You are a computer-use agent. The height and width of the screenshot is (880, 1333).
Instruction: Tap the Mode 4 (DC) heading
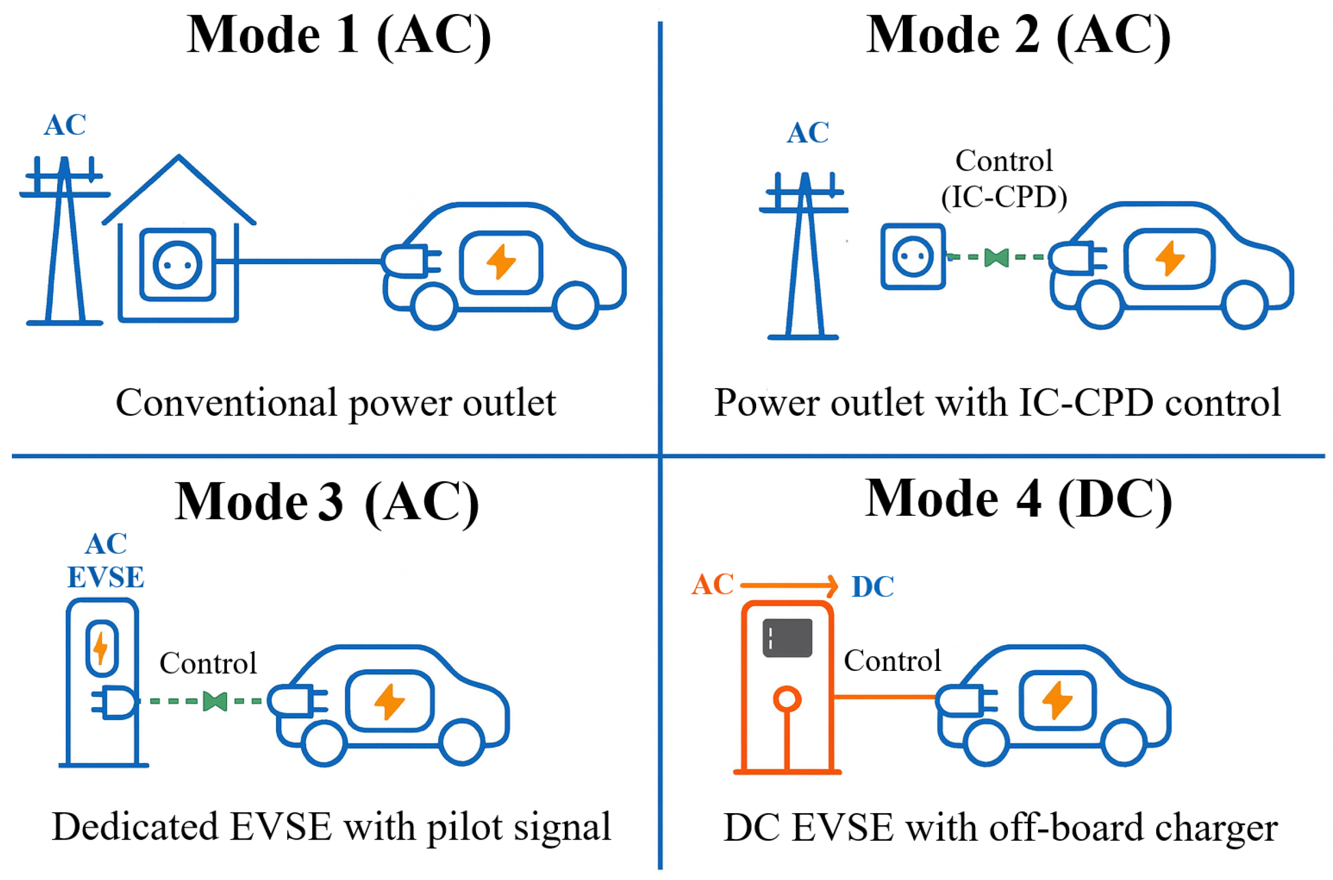pos(1018,500)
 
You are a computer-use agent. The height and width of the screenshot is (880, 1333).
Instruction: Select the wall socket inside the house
pos(178,265)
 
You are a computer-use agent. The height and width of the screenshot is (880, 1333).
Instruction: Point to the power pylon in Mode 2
pos(804,255)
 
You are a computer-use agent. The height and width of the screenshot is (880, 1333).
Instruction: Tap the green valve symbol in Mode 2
pos(996,258)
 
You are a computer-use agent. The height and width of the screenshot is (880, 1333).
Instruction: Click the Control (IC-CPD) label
pos(1004,178)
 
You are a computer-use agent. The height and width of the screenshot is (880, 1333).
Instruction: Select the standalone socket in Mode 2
pos(913,257)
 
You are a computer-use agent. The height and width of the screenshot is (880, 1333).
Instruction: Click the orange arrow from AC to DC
pos(789,586)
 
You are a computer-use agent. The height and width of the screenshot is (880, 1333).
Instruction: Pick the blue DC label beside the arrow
pos(873,587)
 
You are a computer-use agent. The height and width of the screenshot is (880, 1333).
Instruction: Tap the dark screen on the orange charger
pos(788,638)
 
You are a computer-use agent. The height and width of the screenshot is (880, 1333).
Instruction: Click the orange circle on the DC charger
pos(787,699)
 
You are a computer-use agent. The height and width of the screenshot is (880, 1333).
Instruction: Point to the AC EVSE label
pos(106,560)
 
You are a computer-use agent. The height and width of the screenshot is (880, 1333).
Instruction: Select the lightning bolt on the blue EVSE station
pos(101,648)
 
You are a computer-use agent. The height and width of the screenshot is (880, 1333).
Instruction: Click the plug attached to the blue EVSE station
pos(113,702)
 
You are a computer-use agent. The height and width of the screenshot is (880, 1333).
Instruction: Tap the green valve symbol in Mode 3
pos(215,702)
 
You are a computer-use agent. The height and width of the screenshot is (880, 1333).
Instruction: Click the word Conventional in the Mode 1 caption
pos(226,403)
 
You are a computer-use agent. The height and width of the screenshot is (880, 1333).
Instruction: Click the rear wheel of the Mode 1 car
pos(434,306)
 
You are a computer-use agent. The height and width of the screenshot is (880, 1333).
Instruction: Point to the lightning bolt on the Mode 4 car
pos(1058,700)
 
